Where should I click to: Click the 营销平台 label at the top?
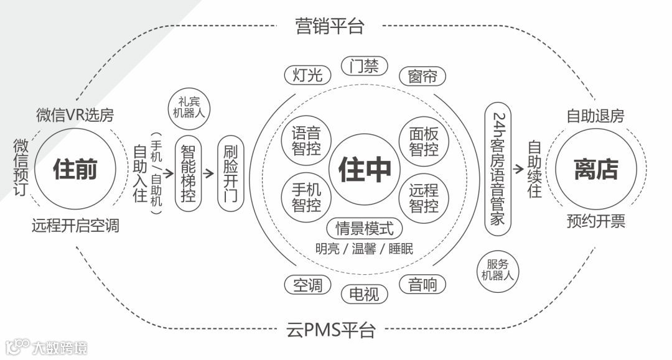pos(329,26)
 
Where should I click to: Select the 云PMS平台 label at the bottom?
pos(331,329)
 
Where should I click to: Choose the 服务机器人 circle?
pos(498,270)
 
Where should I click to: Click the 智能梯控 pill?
pos(189,173)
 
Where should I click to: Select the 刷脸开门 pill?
pos(230,173)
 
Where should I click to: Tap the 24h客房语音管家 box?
pos(498,169)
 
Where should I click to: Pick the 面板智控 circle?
pos(424,141)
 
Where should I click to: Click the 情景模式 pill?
pos(365,228)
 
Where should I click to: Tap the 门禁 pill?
pos(364,67)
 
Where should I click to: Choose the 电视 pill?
pos(364,293)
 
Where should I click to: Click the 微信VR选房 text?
pos(75,115)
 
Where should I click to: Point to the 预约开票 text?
pos(595,221)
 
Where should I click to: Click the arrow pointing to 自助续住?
pos(518,168)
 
